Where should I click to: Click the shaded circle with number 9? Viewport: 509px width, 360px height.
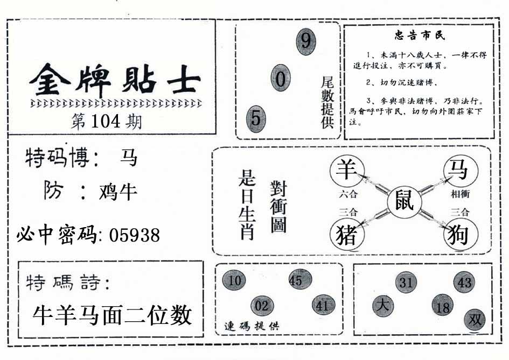click(306, 41)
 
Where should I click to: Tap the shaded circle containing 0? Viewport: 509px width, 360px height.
click(281, 79)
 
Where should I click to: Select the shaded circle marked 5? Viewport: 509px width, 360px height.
click(256, 118)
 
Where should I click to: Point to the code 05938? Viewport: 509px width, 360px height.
click(134, 235)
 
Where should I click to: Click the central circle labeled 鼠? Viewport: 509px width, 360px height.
click(405, 202)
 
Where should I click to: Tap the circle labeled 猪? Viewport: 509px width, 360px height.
click(345, 235)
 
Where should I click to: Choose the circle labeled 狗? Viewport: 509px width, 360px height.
click(458, 235)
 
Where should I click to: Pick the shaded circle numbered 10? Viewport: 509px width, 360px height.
click(234, 280)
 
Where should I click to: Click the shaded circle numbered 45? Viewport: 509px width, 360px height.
click(296, 280)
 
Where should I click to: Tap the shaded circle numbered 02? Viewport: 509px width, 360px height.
click(262, 306)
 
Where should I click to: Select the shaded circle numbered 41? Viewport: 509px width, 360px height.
click(323, 306)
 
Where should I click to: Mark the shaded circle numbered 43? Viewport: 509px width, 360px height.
click(464, 283)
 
